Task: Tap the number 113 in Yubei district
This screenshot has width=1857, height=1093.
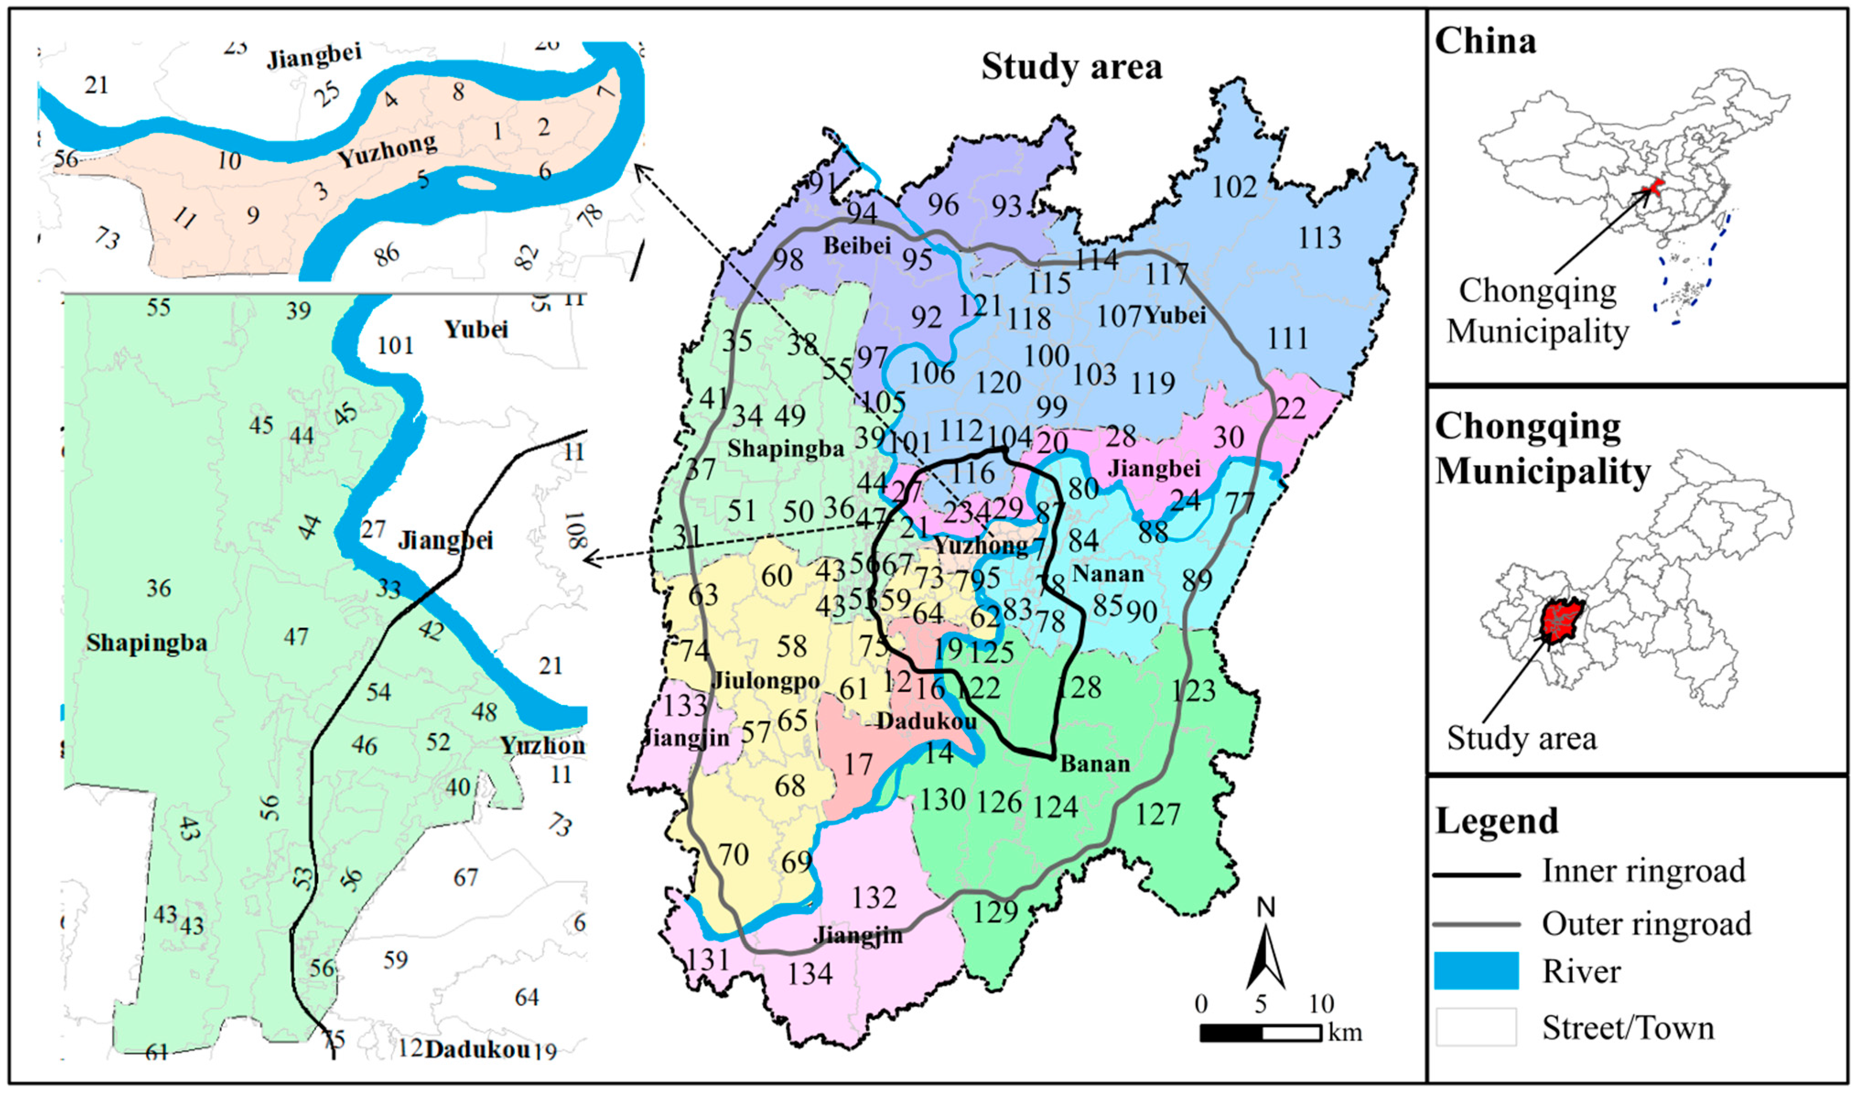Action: (1318, 238)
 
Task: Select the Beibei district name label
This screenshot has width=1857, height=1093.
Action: (857, 245)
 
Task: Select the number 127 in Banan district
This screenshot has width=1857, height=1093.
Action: (1158, 814)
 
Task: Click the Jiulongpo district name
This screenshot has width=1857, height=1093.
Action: (767, 680)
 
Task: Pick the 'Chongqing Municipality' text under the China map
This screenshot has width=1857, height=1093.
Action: (1538, 311)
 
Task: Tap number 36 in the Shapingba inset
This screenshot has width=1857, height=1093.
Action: (158, 588)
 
